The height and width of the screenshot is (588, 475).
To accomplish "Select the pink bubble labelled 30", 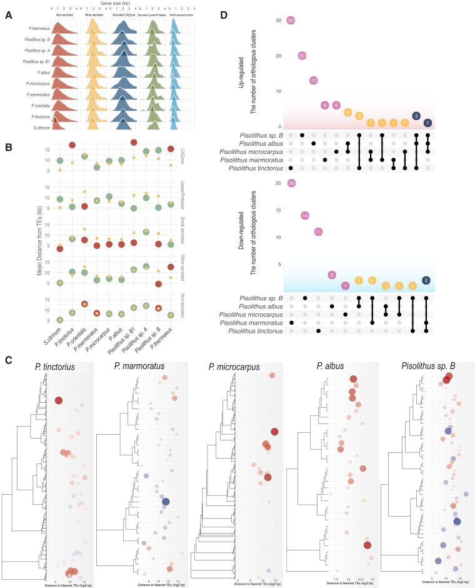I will pos(291,21).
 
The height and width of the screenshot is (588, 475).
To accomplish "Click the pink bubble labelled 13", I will pos(314,80).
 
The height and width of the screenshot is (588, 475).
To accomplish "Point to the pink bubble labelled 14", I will pos(305,216).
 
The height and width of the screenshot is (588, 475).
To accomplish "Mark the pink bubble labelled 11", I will pos(318,231).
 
